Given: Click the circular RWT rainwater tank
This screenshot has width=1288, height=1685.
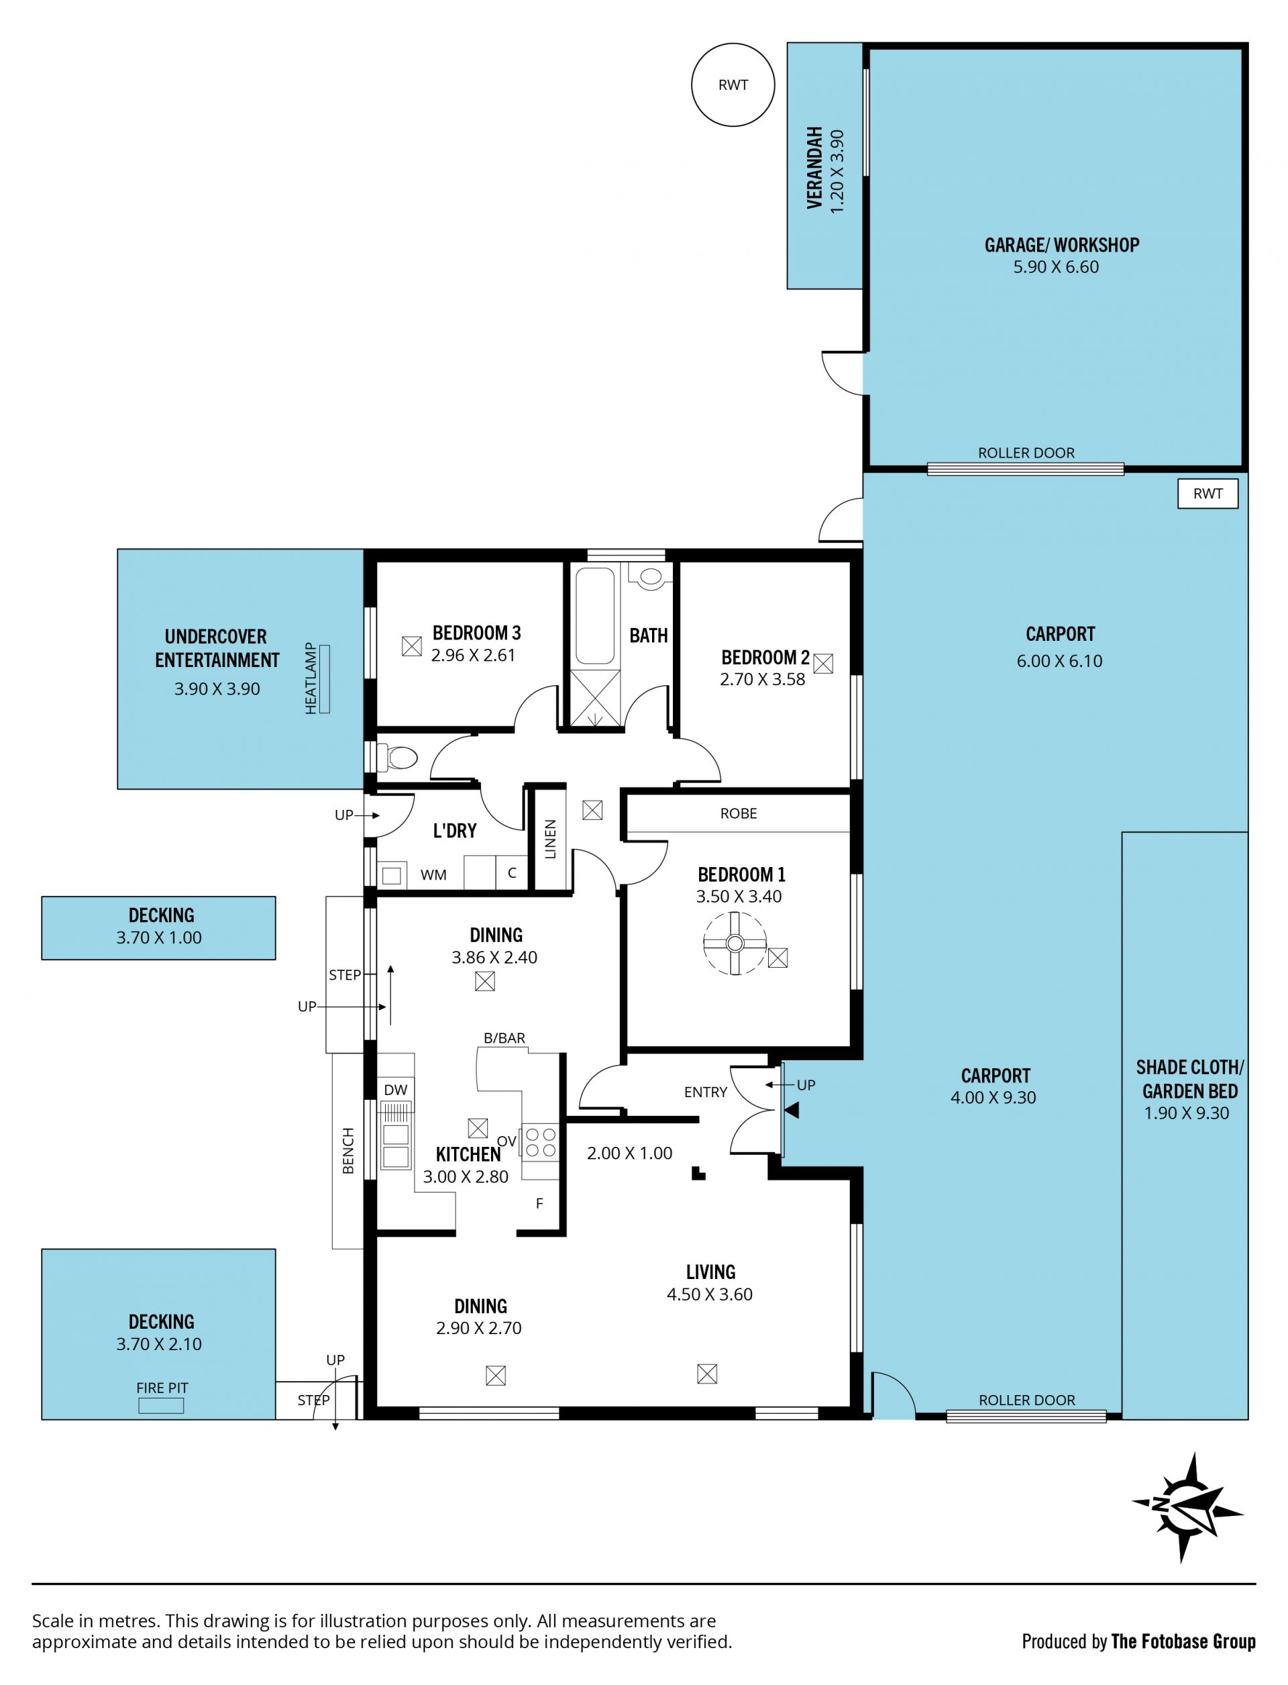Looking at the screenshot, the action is point(733,85).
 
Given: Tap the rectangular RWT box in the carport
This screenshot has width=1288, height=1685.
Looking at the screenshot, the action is point(1207,494).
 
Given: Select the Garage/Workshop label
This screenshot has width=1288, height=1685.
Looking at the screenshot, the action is point(1062,246).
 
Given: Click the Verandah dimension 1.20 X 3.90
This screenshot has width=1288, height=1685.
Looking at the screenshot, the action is point(837,171).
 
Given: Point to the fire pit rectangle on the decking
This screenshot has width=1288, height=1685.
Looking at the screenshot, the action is point(160,1406).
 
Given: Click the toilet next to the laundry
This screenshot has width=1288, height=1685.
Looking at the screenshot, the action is point(396,758).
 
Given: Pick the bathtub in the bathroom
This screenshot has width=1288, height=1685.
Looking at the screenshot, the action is point(595,615).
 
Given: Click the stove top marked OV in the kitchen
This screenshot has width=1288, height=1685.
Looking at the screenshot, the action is point(541,1142).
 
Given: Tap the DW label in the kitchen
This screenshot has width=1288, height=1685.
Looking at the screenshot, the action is point(396,1090).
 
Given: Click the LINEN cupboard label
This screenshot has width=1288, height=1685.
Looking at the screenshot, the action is point(549,839).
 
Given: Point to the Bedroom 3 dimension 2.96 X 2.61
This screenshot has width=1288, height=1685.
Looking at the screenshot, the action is point(473,655).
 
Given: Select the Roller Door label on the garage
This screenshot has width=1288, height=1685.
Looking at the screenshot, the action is point(1026,452).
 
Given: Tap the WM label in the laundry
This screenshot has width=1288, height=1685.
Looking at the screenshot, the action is point(433,874).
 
